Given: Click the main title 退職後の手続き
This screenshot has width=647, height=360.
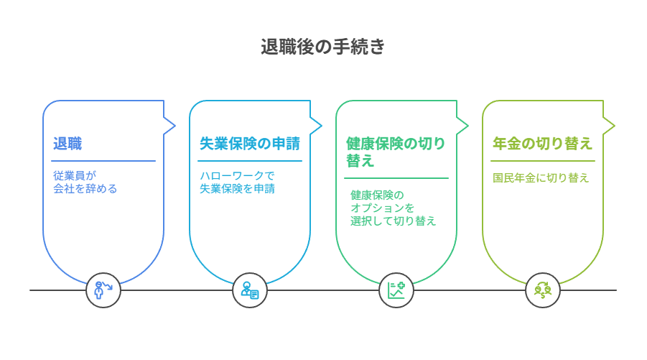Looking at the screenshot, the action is [322, 47].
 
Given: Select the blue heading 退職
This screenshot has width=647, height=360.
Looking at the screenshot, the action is [68, 144].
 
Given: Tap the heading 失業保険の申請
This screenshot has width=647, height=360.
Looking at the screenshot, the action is [250, 144].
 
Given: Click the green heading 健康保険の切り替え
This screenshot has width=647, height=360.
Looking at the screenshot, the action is [395, 152].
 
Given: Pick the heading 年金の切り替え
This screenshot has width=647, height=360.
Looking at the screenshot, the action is [542, 144].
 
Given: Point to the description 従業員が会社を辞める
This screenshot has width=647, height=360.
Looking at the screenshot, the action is [85, 182].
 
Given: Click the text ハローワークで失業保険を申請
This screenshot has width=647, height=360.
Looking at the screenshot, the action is [237, 182].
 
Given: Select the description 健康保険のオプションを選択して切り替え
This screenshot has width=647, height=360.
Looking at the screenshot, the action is [393, 208].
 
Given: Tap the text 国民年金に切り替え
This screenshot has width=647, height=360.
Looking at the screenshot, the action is [541, 178].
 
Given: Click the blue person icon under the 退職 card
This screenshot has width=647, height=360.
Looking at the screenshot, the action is [103, 290].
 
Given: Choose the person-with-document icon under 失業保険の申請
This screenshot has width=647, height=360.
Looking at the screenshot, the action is [250, 290].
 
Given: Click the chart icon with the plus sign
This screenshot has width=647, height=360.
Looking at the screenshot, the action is [396, 290].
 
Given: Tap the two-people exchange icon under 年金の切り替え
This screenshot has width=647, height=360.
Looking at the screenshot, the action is [543, 290].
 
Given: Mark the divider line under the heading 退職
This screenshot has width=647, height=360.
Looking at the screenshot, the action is [103, 160].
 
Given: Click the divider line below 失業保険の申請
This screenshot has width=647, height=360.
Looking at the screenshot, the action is [250, 160].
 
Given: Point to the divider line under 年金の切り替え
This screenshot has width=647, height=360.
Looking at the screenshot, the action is [543, 160].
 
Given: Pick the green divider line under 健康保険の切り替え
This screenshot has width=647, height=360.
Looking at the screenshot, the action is [396, 178].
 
